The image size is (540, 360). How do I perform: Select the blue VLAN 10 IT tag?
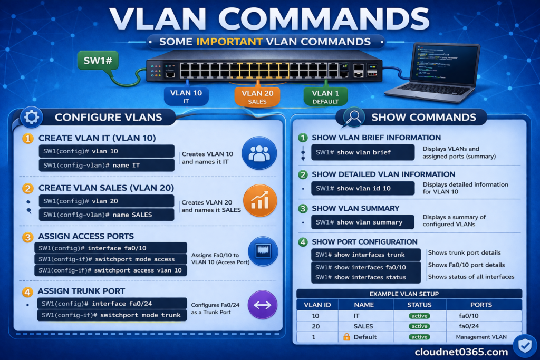coord(186,96)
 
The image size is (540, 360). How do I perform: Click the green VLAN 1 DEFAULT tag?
coord(325,96)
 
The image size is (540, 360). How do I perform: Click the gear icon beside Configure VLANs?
coord(31,117)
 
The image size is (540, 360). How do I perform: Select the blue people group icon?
coord(259,153)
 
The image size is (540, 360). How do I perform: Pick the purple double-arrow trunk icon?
coord(262,305)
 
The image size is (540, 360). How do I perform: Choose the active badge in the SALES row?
coord(419,326)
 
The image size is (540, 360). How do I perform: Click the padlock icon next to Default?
coord(347,337)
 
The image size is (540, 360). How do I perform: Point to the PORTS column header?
coord(481,305)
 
